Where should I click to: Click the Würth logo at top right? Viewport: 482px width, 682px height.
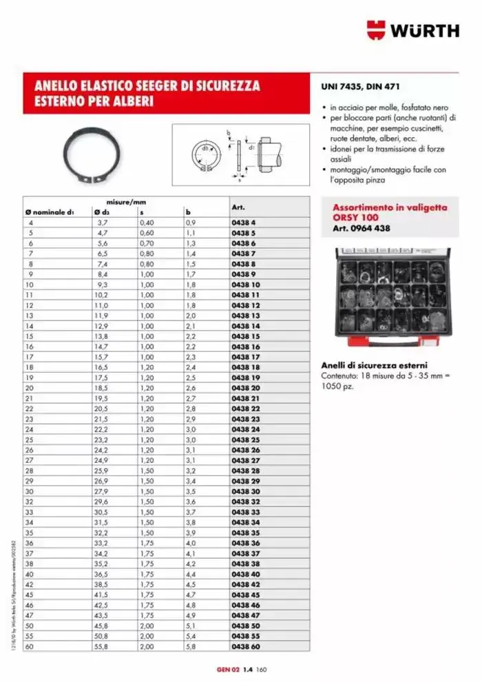(x=413, y=30)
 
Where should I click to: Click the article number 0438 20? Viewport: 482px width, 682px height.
(x=245, y=389)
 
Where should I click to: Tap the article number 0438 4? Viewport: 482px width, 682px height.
(x=243, y=223)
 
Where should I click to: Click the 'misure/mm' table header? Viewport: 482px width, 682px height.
(x=126, y=201)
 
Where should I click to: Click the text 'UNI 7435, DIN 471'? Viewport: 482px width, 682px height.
(x=360, y=87)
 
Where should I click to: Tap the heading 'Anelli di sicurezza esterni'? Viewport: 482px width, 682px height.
(x=375, y=365)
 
